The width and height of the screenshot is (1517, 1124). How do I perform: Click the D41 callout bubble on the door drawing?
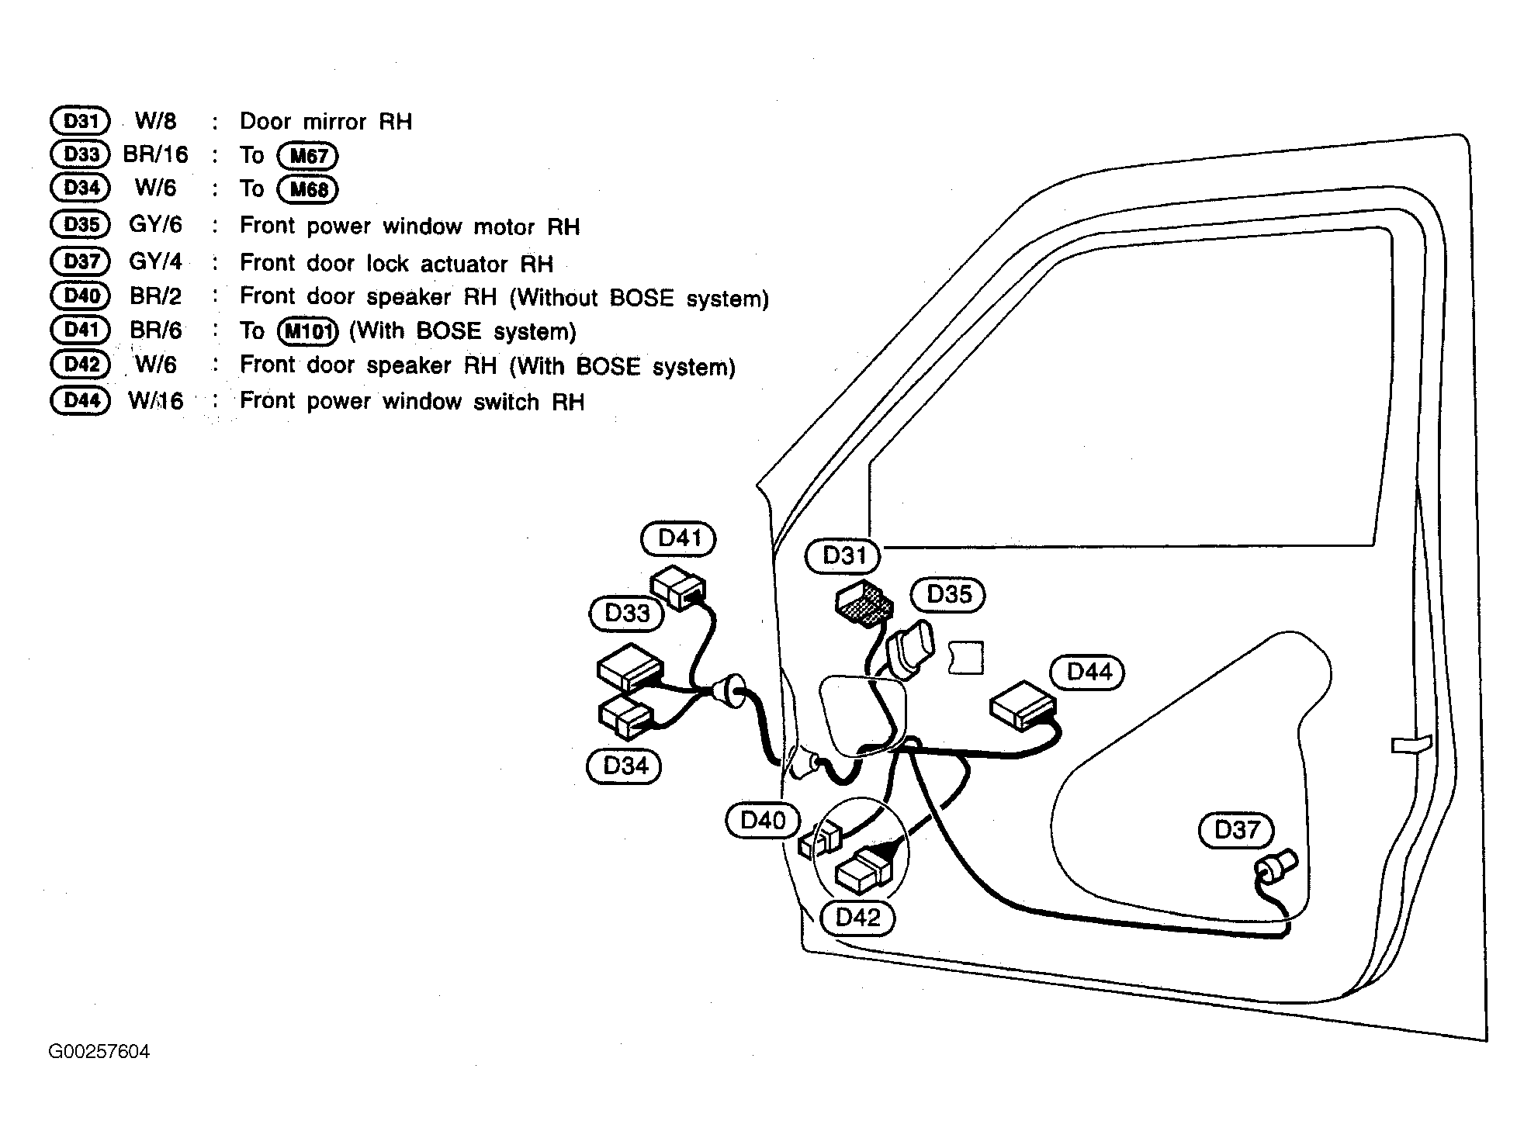pyautogui.click(x=679, y=538)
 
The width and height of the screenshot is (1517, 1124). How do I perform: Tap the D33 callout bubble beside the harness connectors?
pyautogui.click(x=627, y=614)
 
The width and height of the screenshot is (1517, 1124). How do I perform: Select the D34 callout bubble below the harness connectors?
pyautogui.click(x=625, y=766)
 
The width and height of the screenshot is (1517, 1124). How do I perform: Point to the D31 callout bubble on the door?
pyautogui.click(x=843, y=556)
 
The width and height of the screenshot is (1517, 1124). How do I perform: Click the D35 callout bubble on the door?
pyautogui.click(x=948, y=594)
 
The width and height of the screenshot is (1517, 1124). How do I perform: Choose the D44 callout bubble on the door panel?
pyautogui.click(x=1088, y=672)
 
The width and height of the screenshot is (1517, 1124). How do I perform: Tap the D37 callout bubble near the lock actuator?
pyautogui.click(x=1236, y=830)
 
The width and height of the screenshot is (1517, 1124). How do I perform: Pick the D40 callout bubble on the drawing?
pyautogui.click(x=763, y=821)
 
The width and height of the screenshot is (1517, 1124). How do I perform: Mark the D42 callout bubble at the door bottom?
pyautogui.click(x=857, y=918)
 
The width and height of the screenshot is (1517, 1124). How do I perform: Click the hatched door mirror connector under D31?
pyautogui.click(x=863, y=603)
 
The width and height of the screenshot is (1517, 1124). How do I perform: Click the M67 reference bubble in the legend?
pyautogui.click(x=309, y=157)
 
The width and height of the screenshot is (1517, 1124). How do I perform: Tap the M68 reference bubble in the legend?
pyautogui.click(x=309, y=190)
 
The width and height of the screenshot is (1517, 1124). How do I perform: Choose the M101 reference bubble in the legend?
pyautogui.click(x=309, y=332)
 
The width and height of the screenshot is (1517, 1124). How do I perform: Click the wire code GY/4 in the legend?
pyautogui.click(x=155, y=261)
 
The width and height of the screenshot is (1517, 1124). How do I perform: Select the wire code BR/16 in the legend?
pyautogui.click(x=155, y=154)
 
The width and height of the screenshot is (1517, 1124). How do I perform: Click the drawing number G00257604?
pyautogui.click(x=99, y=1052)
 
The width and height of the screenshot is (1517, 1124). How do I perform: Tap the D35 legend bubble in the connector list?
pyautogui.click(x=81, y=225)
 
